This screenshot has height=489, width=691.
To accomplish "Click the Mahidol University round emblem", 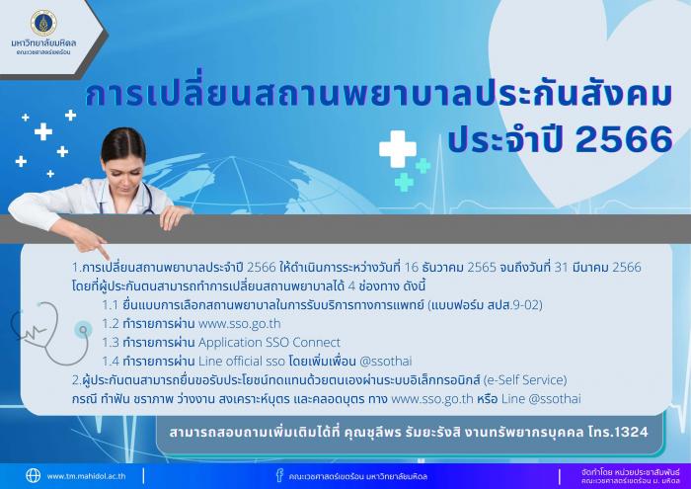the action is [x=43, y=23].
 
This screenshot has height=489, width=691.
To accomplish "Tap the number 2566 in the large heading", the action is [x=624, y=138].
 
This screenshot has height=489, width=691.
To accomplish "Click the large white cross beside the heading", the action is [x=398, y=149].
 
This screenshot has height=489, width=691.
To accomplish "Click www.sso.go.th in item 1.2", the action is [x=239, y=324].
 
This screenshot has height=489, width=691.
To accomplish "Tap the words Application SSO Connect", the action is [x=269, y=343].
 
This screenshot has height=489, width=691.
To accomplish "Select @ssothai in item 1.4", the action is [x=386, y=362].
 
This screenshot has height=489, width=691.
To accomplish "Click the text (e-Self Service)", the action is [x=524, y=379].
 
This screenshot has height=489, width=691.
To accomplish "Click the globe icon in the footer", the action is [x=33, y=476].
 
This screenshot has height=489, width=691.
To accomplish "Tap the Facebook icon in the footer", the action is [x=279, y=475].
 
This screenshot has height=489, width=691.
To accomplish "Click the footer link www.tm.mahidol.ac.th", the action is [x=87, y=476].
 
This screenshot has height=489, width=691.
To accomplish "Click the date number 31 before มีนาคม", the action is [x=561, y=267].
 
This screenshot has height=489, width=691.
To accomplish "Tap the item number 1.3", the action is [x=111, y=343].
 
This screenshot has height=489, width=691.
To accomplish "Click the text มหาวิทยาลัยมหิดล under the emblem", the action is [x=43, y=42].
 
